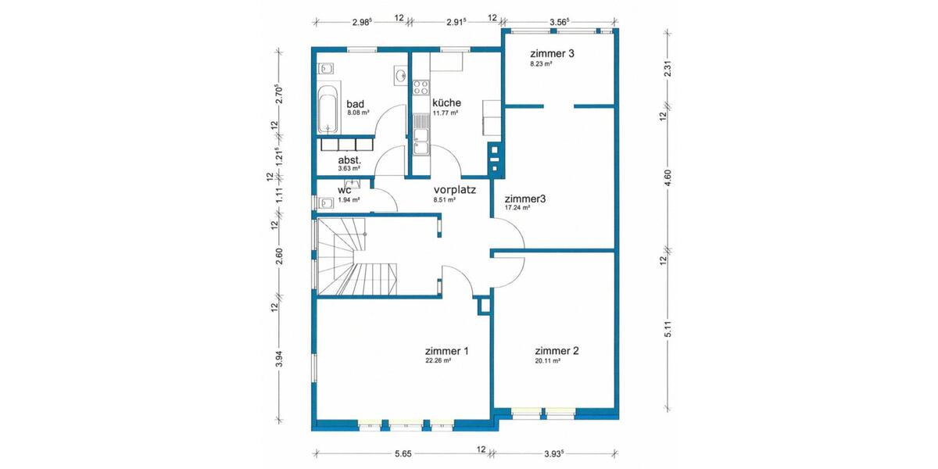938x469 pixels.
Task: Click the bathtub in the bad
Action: click(x=328, y=107)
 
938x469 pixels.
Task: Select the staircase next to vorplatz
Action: click(x=356, y=258)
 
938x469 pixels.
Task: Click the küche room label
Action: click(x=446, y=102)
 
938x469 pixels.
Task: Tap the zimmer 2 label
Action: click(x=557, y=351)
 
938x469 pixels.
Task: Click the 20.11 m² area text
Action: click(x=548, y=361)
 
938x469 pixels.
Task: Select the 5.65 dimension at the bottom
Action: click(x=403, y=453)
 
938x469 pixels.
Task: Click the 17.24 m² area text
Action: click(x=517, y=208)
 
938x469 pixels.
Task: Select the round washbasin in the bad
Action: click(x=400, y=77)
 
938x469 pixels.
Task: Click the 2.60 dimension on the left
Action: click(x=278, y=256)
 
